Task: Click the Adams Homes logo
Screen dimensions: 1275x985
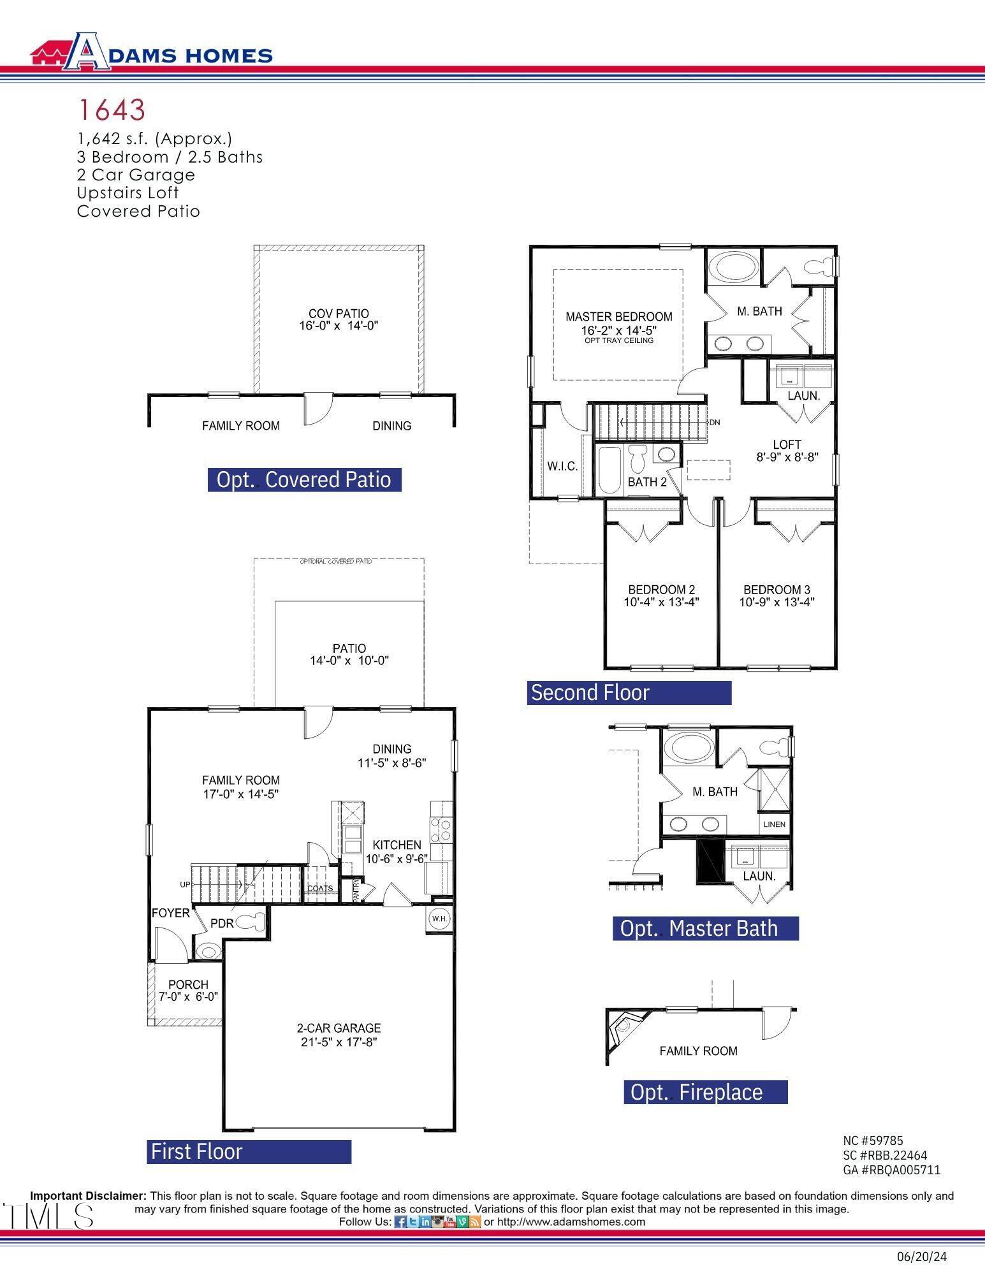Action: [x=152, y=52]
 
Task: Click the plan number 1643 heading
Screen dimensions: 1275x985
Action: [x=112, y=110]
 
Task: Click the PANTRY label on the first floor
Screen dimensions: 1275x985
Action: [x=356, y=890]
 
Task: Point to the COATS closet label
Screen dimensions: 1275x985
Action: [x=320, y=888]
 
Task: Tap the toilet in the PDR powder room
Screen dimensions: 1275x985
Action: [x=251, y=922]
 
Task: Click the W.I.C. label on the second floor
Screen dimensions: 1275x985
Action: [x=562, y=467]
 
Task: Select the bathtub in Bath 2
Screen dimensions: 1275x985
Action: [x=609, y=470]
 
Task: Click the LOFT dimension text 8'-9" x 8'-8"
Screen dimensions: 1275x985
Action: [x=787, y=457]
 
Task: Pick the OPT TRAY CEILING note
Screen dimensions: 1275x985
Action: [x=618, y=340]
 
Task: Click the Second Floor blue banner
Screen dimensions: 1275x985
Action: [x=629, y=692]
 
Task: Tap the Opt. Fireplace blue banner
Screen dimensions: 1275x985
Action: [x=705, y=1092]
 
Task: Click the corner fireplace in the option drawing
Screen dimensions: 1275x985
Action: [x=621, y=1026]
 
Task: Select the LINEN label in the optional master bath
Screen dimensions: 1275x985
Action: [x=774, y=824]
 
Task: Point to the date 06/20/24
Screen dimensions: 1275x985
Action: [x=921, y=1257]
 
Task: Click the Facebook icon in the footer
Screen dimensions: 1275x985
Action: [x=400, y=1222]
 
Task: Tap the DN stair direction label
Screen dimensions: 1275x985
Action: [x=715, y=422]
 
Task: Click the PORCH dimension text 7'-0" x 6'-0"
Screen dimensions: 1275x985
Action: [x=188, y=996]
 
